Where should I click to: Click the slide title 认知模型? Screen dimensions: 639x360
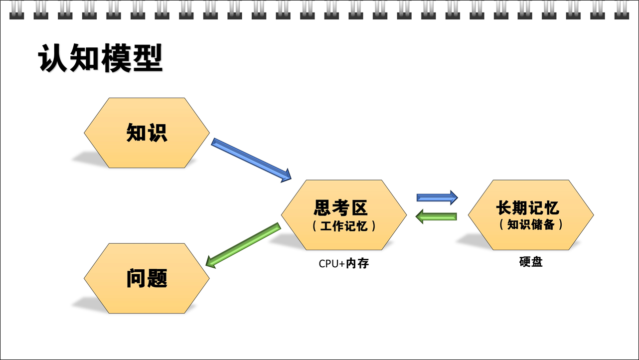point(100,58)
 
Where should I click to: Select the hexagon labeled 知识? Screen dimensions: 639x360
point(147,133)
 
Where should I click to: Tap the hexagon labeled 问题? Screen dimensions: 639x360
point(147,278)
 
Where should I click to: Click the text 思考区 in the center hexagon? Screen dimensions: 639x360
point(340,207)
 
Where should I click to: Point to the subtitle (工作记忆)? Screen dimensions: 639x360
point(344,226)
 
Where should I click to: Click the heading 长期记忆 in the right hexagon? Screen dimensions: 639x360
point(528,207)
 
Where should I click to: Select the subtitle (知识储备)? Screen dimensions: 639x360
point(531,224)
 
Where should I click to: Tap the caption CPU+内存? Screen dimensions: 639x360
point(344,263)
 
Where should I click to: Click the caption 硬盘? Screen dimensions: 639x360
point(531,262)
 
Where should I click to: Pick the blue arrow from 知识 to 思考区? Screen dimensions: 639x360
point(251,160)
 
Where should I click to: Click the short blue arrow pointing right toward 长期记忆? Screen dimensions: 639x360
point(437,197)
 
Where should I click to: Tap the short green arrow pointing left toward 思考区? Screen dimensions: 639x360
point(436,216)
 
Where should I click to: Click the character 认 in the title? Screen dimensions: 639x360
point(53,58)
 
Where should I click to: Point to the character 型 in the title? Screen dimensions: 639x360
point(148,58)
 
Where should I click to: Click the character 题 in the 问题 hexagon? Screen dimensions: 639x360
point(158,278)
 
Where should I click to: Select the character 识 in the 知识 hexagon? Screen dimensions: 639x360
point(158,133)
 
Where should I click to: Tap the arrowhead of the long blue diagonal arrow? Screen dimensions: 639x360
point(286,176)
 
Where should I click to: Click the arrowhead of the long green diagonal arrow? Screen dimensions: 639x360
point(210,262)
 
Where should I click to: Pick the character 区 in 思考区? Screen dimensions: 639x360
point(359,207)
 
